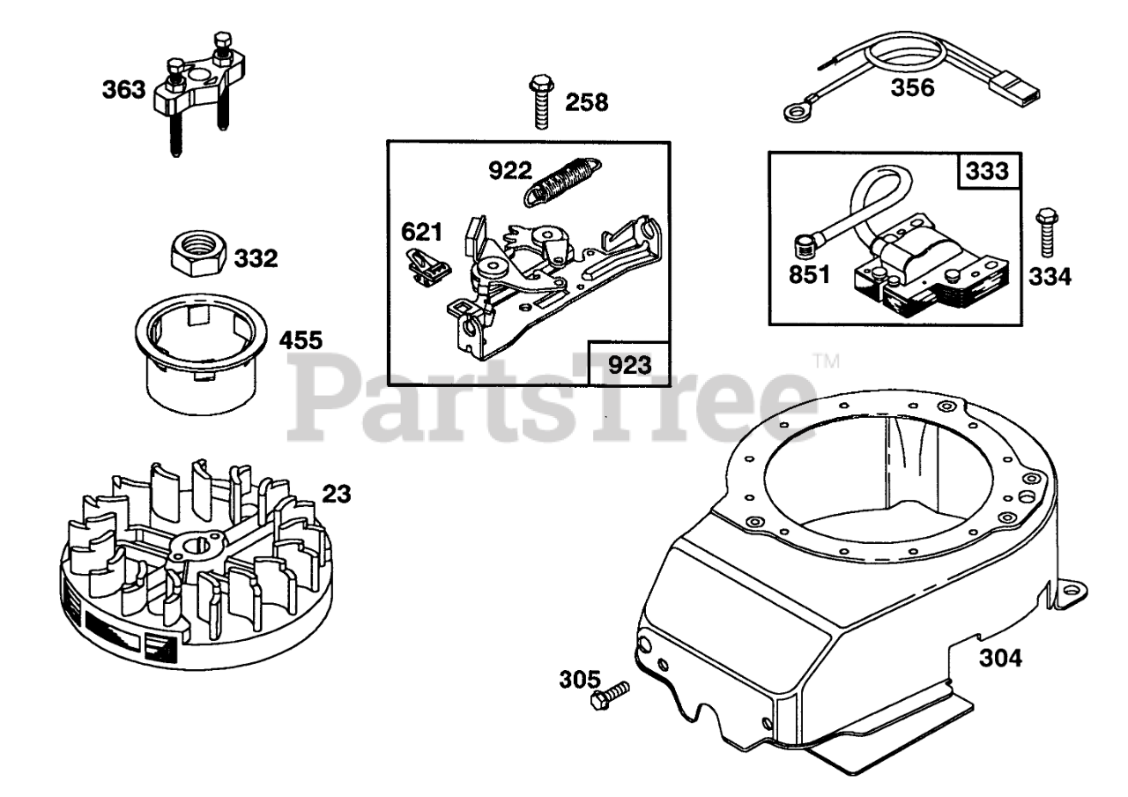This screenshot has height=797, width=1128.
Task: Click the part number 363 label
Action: tap(122, 90)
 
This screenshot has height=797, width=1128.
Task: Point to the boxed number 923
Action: tap(628, 363)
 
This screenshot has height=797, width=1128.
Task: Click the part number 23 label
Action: tap(336, 494)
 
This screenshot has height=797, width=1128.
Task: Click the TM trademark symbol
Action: tap(826, 361)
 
